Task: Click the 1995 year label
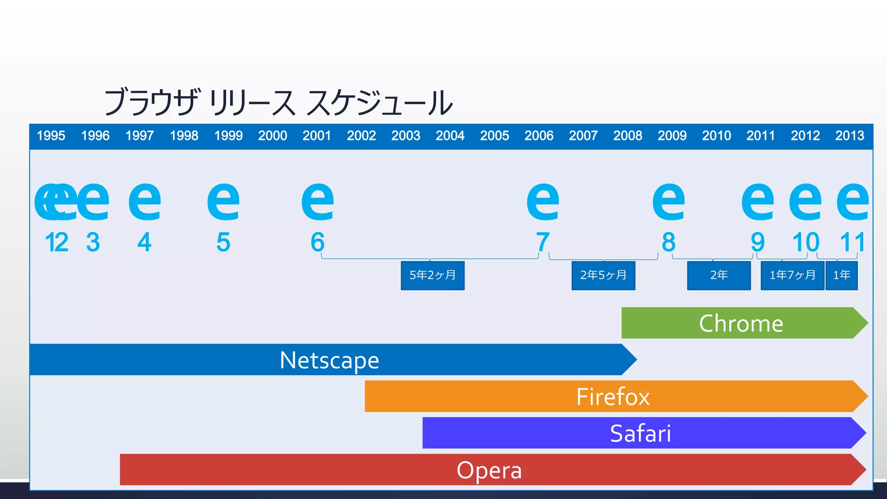tap(51, 136)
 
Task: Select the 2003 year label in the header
tap(406, 136)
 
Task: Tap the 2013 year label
tap(850, 136)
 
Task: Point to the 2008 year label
tap(628, 136)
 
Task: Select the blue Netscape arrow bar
tap(329, 360)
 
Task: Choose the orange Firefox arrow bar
tap(613, 396)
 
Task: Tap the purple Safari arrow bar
tap(640, 433)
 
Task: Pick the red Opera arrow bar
tap(489, 470)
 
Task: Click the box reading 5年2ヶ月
tap(433, 275)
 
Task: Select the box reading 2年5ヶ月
tap(603, 275)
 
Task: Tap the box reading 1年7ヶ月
tap(792, 275)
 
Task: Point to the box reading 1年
tap(842, 275)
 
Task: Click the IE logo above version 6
tap(318, 201)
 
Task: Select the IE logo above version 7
tap(543, 201)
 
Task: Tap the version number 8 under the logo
tap(669, 242)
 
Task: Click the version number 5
tap(223, 242)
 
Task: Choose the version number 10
tap(806, 242)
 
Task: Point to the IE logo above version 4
tap(145, 201)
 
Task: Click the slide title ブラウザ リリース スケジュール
tap(278, 103)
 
